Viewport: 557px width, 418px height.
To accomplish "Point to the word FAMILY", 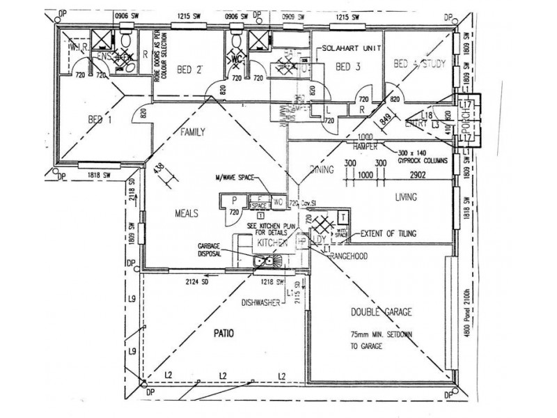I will pyautogui.click(x=194, y=132).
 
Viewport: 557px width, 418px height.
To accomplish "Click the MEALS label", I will pyautogui.click(x=187, y=213).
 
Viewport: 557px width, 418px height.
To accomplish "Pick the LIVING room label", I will pyautogui.click(x=406, y=197).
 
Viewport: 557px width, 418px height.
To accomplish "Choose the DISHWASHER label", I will pyautogui.click(x=262, y=302).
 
